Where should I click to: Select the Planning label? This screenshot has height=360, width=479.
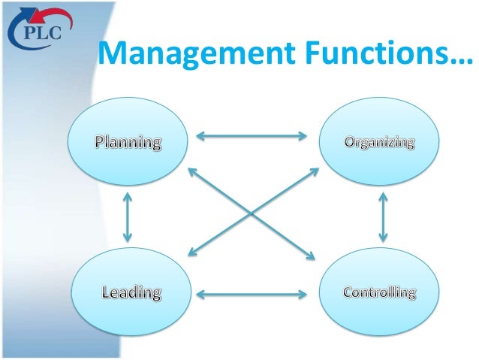128,141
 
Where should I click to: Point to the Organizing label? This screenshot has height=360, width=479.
380,141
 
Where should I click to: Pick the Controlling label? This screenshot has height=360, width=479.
379,292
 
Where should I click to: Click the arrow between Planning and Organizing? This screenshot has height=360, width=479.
252,136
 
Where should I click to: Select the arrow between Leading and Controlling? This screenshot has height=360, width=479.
252,292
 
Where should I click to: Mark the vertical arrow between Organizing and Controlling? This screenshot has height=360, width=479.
384,216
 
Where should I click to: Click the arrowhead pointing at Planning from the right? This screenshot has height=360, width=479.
200,136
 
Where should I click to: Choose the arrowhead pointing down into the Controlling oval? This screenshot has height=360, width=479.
384,240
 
